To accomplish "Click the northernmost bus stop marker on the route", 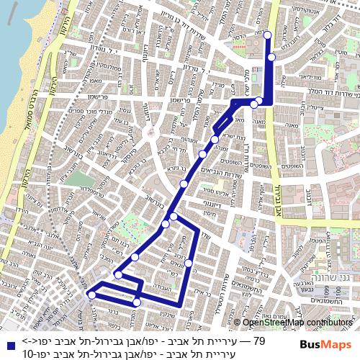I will coord(267,35).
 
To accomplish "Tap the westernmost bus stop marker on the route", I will coord(91,294).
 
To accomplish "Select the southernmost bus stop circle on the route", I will coord(137,303).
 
